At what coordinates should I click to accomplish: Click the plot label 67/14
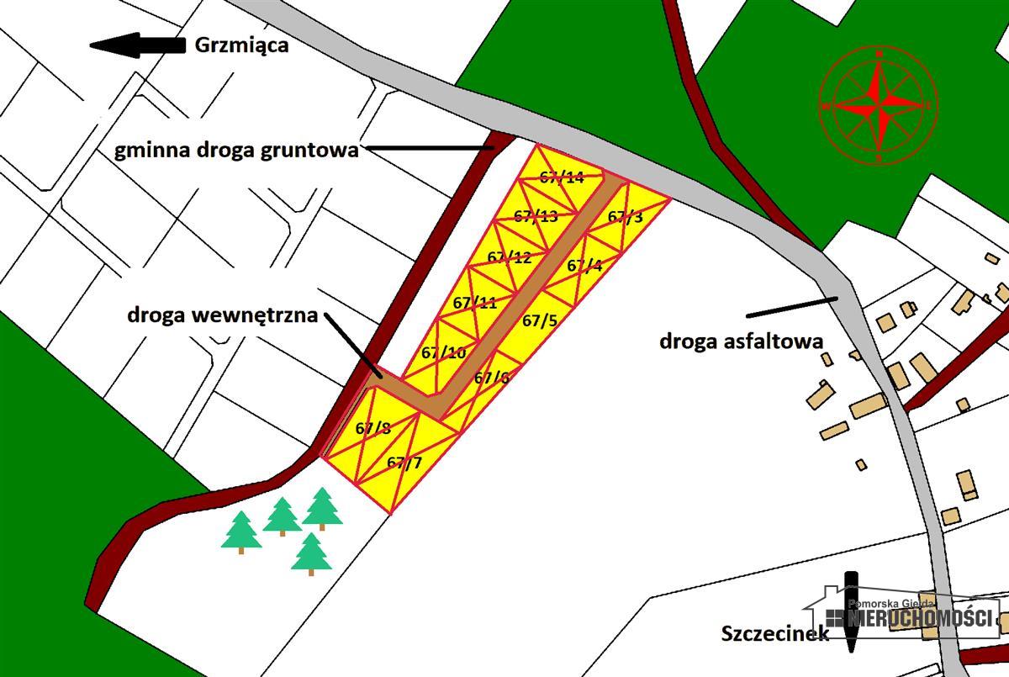[562, 177]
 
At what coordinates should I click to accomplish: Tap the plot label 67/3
[625, 217]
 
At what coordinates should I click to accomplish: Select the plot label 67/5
[540, 320]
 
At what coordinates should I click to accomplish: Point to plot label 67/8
[373, 428]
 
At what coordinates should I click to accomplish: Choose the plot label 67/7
[404, 463]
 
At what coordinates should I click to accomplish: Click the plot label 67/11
[475, 303]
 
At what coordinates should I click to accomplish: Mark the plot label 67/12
[510, 257]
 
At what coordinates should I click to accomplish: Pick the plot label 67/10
[444, 353]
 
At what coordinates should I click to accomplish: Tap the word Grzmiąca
[241, 45]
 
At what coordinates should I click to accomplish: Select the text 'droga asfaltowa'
[741, 341]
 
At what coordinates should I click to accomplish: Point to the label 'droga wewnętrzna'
[223, 316]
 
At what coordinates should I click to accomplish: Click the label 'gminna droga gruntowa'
[236, 151]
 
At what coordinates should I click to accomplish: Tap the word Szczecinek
[774, 633]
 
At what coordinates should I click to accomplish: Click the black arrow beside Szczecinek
[851, 612]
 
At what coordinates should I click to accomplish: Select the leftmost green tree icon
[241, 532]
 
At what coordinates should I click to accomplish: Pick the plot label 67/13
[536, 217]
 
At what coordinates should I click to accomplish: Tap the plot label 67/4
[584, 267]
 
